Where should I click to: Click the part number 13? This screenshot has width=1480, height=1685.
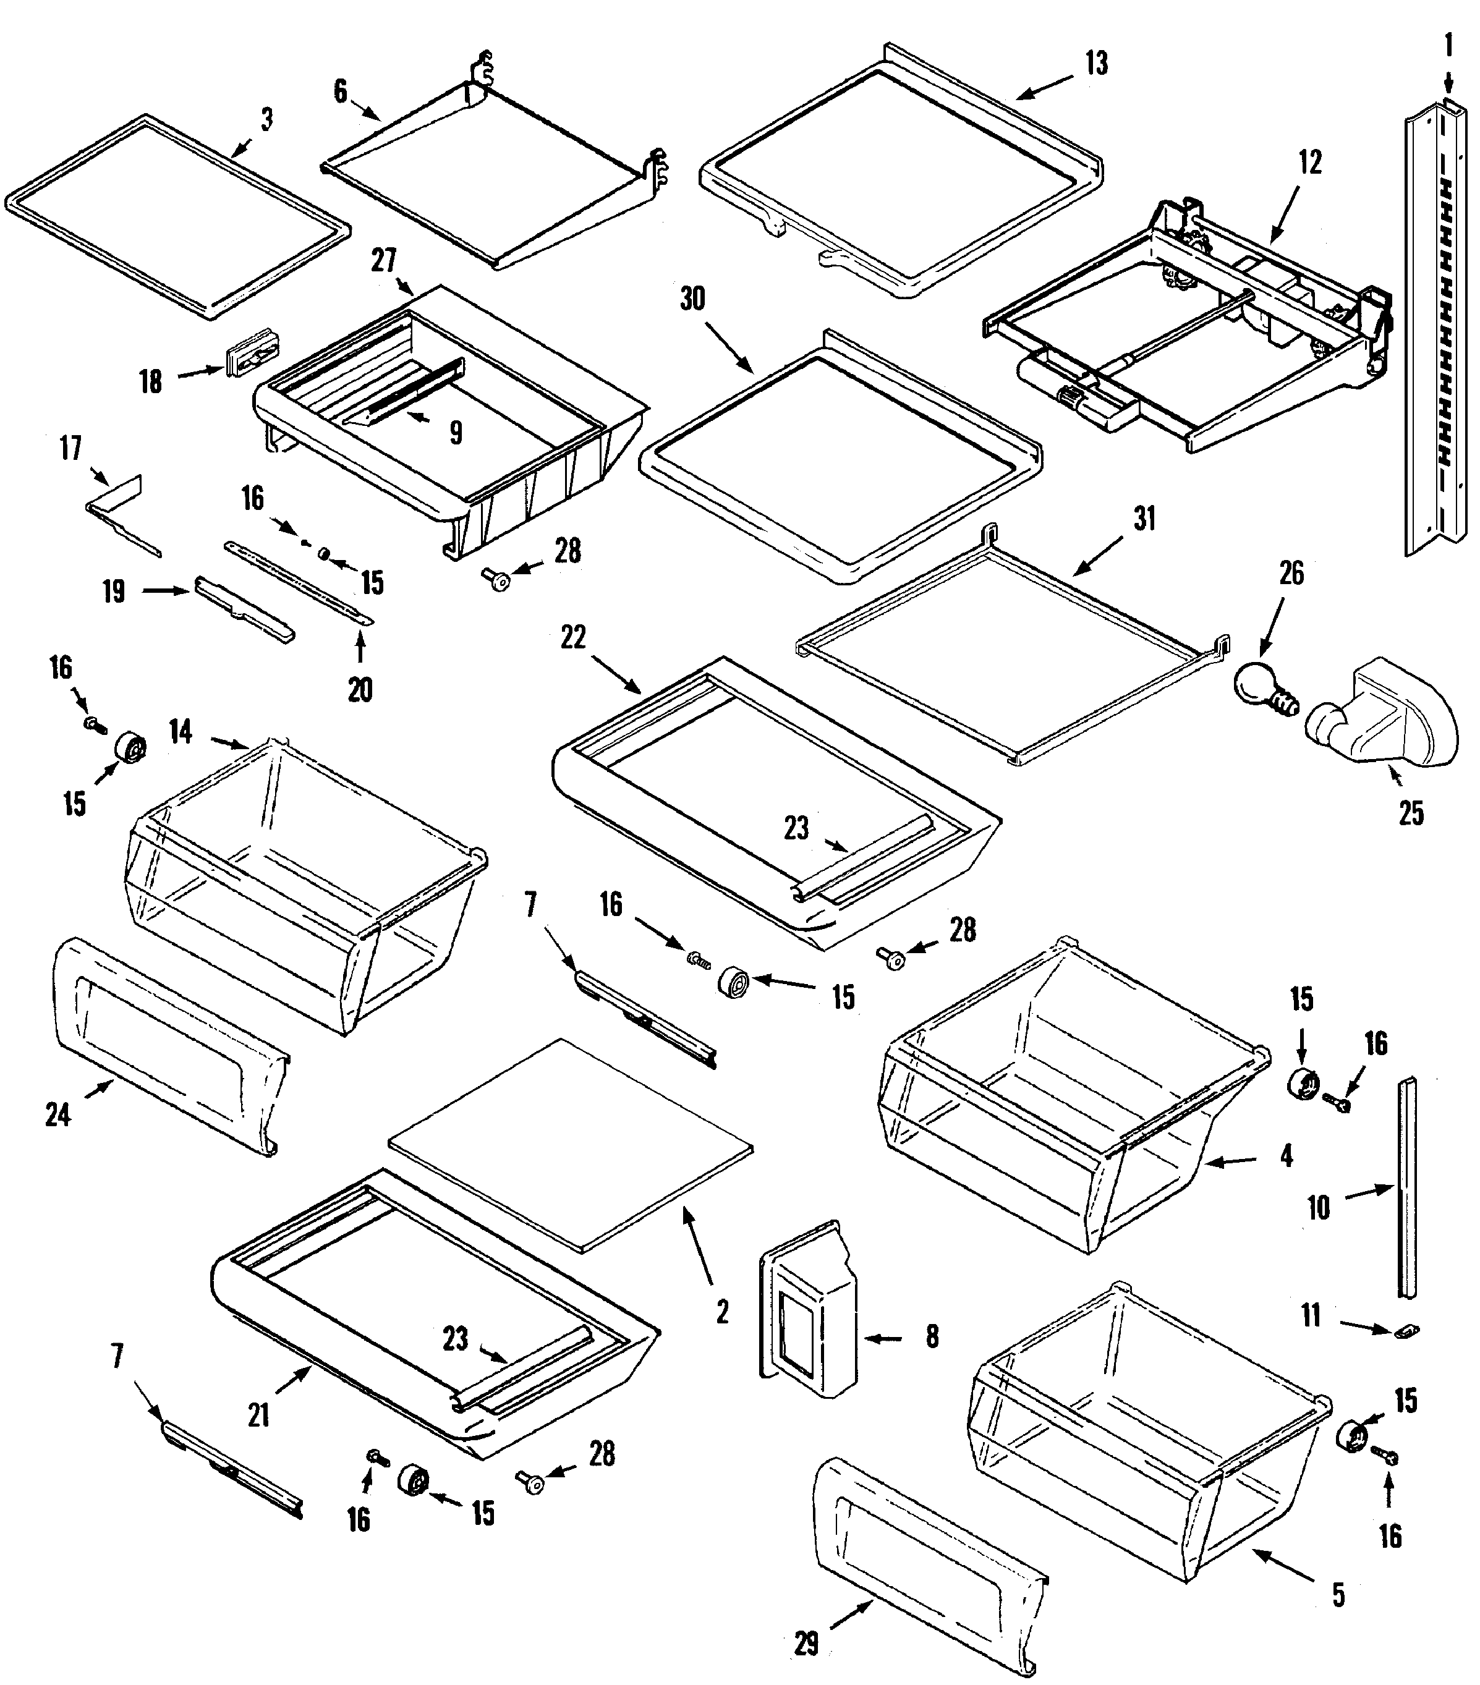pos(1095,64)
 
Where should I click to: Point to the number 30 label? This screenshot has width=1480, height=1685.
pos(692,299)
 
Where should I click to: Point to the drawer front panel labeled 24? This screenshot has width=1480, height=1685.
pos(165,1047)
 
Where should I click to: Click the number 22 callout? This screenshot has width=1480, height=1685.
pos(573,637)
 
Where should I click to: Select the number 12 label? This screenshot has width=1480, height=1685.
pos(1309,163)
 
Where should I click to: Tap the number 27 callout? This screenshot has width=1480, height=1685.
pos(383,260)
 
